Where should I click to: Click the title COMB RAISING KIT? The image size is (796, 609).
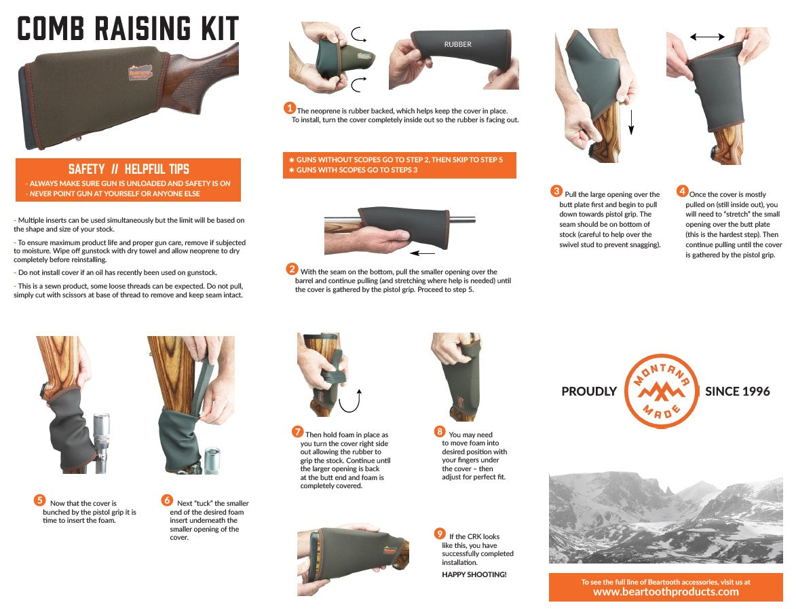(x=128, y=29)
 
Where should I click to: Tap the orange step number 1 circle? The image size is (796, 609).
(x=289, y=108)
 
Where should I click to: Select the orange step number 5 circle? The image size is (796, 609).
(x=39, y=500)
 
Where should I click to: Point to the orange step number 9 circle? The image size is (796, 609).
(x=440, y=534)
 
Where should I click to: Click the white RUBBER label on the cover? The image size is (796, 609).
(x=457, y=44)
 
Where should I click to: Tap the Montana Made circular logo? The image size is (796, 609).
(x=661, y=391)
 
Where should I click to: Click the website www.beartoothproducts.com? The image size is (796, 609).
(x=666, y=592)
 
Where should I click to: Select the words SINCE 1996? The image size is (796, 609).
(x=737, y=391)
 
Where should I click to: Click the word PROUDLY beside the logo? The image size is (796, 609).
(x=589, y=391)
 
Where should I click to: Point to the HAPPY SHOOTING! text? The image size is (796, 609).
(x=474, y=574)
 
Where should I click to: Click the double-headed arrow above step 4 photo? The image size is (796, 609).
(x=707, y=37)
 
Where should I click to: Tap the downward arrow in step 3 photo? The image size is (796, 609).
(x=631, y=122)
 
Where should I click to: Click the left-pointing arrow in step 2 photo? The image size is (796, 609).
(x=422, y=253)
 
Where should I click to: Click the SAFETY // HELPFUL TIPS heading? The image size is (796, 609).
(x=128, y=169)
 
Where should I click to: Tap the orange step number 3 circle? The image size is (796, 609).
(x=556, y=191)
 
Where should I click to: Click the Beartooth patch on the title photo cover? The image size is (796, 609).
(x=140, y=73)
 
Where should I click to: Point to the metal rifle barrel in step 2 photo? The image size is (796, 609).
(x=461, y=220)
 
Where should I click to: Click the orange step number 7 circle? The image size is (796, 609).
(x=297, y=432)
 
